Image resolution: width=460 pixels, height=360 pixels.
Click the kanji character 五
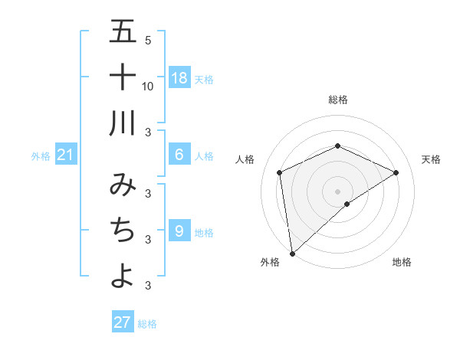pos(123,32)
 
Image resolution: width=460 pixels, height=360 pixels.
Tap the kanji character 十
pos(123,77)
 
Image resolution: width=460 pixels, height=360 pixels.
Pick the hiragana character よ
pos(123,276)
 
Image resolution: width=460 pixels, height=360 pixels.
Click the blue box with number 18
pos(179,78)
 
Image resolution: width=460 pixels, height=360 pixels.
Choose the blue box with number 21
pos(66,155)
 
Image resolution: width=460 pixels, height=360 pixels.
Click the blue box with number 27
pos(123,322)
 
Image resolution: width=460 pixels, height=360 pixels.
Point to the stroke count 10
pos(148,86)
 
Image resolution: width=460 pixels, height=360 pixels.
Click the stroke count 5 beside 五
pos(148,40)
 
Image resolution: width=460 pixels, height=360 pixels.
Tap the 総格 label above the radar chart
pos(337,100)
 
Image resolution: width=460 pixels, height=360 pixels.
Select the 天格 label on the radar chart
pos(431,159)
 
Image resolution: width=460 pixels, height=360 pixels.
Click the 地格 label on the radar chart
pos(402,262)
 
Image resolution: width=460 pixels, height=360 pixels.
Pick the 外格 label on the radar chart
pos(270,262)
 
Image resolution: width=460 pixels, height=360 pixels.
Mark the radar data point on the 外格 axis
pos(292,253)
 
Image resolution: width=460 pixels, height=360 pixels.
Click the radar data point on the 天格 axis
pos(396,172)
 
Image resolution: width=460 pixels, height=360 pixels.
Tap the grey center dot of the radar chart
pos(337,191)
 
